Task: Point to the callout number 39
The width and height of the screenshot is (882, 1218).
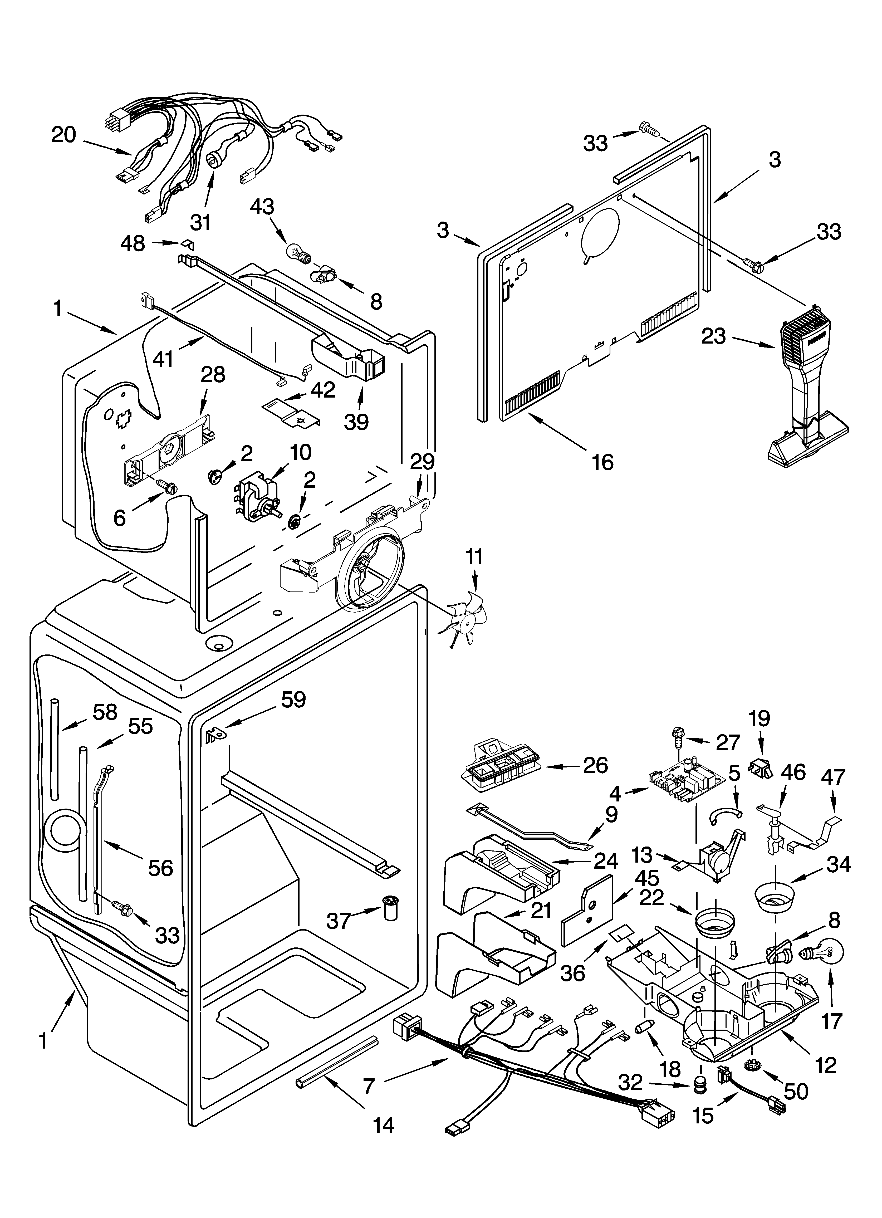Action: point(357,422)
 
